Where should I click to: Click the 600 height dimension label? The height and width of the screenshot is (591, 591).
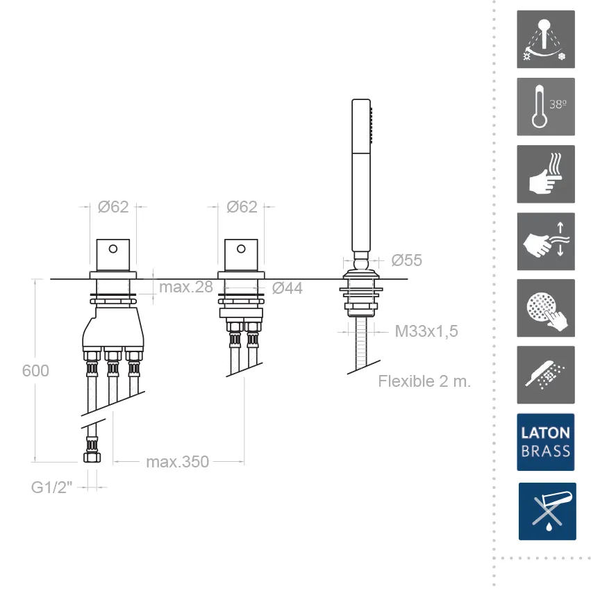(x=35, y=371)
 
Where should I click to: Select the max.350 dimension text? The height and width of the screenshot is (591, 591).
(x=178, y=462)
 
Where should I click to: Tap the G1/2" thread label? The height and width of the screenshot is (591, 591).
(x=51, y=488)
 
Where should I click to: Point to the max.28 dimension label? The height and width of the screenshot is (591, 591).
(x=186, y=288)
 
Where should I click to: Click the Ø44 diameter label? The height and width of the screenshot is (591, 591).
(x=288, y=288)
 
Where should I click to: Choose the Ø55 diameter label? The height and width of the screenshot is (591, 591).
(x=407, y=260)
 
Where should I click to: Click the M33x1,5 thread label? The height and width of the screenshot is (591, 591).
(x=426, y=331)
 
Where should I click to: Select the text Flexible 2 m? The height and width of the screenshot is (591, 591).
(x=424, y=381)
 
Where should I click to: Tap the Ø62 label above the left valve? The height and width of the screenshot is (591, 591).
(x=113, y=207)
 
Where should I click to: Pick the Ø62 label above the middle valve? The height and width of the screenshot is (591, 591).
(x=242, y=207)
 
